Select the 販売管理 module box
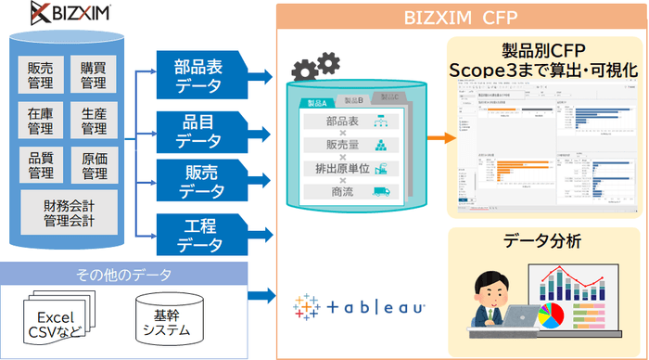point(40,75)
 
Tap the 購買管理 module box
point(93,75)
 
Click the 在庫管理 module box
point(40,121)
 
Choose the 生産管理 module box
point(93,121)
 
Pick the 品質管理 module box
point(40,164)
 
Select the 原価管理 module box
point(93,164)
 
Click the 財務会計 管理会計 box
point(67,212)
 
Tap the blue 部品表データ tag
point(198,76)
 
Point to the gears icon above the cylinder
point(315,66)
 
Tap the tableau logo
point(358,305)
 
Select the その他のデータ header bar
point(124,274)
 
